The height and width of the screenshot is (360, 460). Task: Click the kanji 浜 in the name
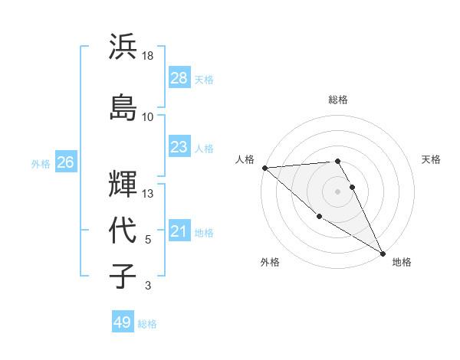pyautogui.click(x=123, y=47)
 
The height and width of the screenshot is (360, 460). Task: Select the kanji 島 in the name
pyautogui.click(x=123, y=106)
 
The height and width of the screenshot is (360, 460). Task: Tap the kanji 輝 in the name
pyautogui.click(x=123, y=185)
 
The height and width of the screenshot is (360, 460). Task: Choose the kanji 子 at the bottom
pyautogui.click(x=123, y=276)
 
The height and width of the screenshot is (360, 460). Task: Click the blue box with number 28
pyautogui.click(x=179, y=78)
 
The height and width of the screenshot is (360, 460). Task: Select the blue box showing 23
pyautogui.click(x=179, y=147)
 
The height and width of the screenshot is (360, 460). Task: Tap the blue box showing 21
pyautogui.click(x=179, y=232)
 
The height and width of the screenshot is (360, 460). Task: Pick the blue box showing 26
pyautogui.click(x=65, y=162)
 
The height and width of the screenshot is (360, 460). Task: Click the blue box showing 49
pyautogui.click(x=123, y=322)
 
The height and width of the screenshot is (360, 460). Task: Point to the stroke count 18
pyautogui.click(x=148, y=56)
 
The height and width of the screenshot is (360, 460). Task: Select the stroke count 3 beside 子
pyautogui.click(x=147, y=286)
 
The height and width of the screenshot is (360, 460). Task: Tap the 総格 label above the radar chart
pyautogui.click(x=338, y=100)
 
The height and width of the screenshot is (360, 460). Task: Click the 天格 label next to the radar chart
pyautogui.click(x=432, y=159)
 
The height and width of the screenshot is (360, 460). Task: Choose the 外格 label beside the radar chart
pyautogui.click(x=270, y=262)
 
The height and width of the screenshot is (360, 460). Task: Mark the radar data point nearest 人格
pyautogui.click(x=264, y=168)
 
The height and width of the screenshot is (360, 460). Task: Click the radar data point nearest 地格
pyautogui.click(x=383, y=252)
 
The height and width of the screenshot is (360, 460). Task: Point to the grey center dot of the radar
pyautogui.click(x=338, y=191)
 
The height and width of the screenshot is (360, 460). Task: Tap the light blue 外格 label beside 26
pyautogui.click(x=41, y=163)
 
